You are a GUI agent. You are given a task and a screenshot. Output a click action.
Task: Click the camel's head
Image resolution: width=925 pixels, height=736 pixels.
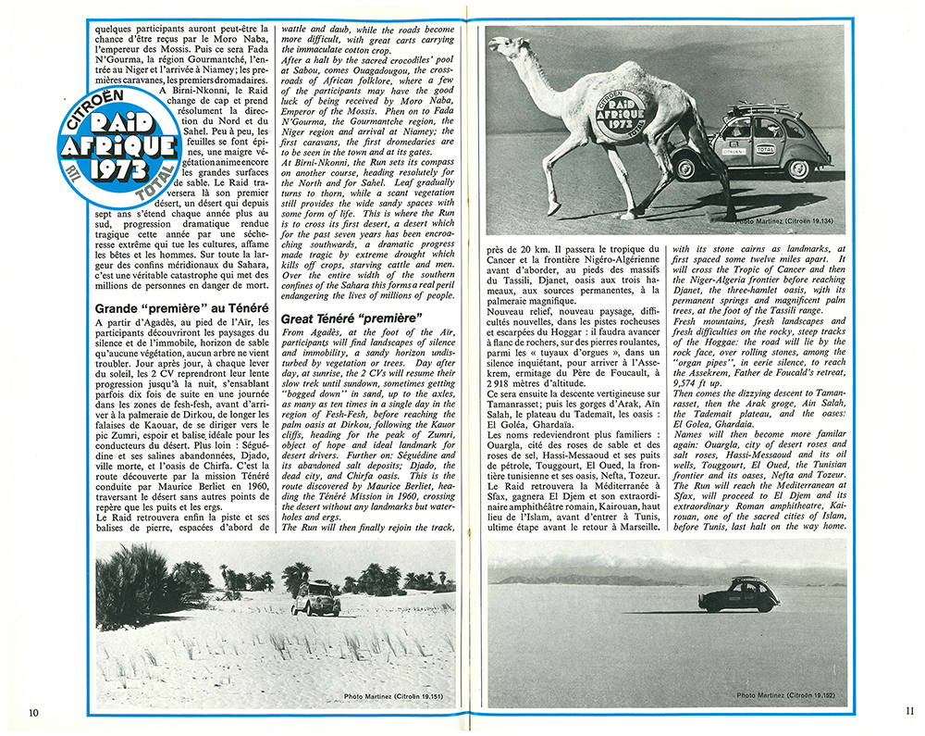pos(505,46)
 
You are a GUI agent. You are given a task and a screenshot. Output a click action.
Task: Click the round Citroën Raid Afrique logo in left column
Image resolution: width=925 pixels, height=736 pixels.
pos(113,144)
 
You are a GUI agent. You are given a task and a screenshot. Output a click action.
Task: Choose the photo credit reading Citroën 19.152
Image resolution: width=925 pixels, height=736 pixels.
pos(789,693)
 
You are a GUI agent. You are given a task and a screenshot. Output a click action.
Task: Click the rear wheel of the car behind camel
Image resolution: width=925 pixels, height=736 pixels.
pos(798,169)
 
